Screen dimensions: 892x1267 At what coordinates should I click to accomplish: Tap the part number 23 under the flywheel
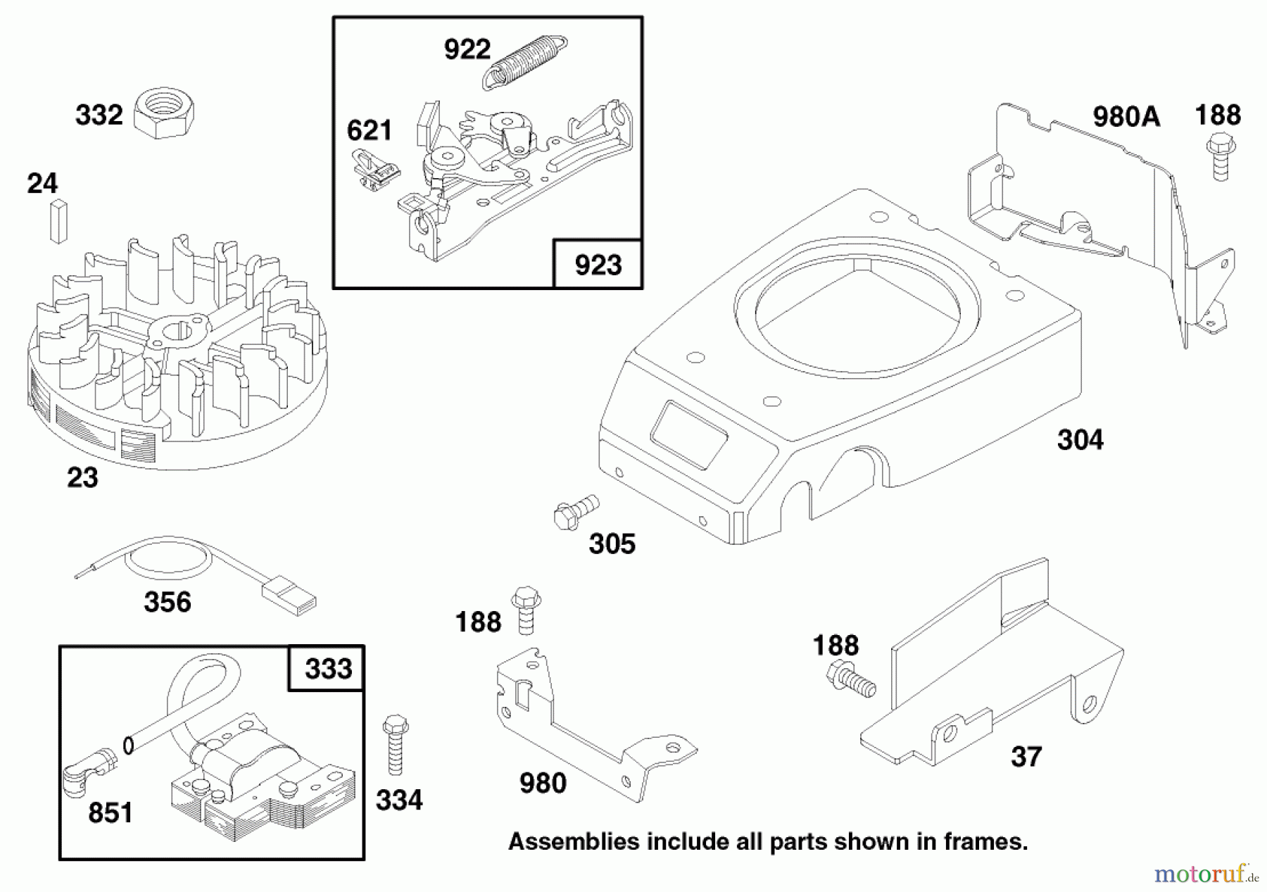[x=82, y=478]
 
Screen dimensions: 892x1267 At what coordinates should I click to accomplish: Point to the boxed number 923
[x=598, y=265]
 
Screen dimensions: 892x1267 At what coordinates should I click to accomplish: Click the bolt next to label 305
[x=575, y=513]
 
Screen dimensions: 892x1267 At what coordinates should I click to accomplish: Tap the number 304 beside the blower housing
[x=1080, y=440]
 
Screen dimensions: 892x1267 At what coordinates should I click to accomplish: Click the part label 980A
[x=1126, y=116]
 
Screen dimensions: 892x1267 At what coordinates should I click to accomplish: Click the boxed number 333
[x=328, y=668]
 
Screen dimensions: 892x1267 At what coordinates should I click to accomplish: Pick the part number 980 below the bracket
[x=543, y=783]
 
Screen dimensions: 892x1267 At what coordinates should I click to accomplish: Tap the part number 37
[x=1026, y=757]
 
